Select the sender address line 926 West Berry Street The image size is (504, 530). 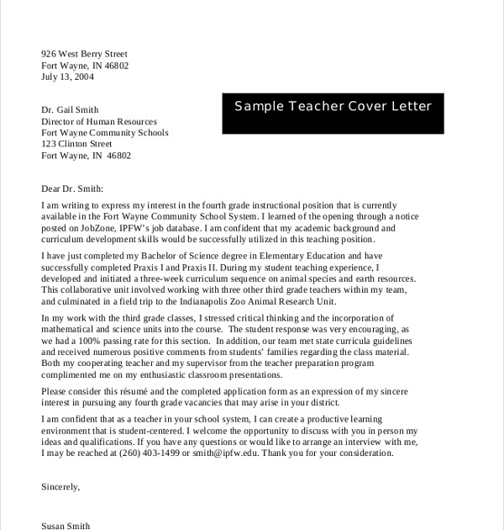[x=85, y=53]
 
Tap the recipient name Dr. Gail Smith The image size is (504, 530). [x=71, y=109]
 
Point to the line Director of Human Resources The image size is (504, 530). [x=99, y=121]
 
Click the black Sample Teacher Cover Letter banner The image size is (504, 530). [x=333, y=107]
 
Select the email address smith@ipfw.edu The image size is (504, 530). [x=232, y=453]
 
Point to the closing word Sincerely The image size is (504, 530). [x=60, y=486]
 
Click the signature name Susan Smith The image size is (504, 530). [x=66, y=525]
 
